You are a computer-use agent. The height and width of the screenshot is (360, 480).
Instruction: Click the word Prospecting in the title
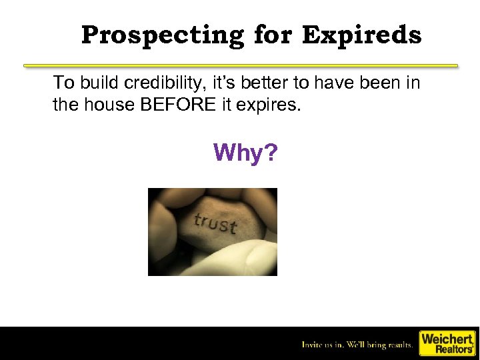pos(163,35)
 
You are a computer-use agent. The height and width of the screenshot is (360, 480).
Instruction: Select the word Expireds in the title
pos(361,35)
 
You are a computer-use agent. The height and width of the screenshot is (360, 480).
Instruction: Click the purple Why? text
pos(245,153)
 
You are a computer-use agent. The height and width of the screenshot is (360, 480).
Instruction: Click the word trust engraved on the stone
pos(215,223)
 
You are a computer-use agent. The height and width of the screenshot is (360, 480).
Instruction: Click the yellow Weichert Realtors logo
pos(447,343)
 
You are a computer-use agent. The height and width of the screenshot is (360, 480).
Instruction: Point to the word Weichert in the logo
pos(447,338)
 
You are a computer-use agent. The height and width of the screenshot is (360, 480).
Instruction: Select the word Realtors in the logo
pos(453,349)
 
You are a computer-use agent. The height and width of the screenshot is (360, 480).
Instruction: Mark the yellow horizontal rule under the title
pos(241,66)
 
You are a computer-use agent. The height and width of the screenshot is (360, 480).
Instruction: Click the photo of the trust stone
pos(212,232)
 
